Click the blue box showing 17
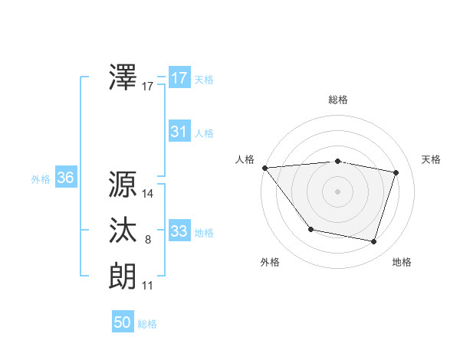[179, 78]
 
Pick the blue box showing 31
[179, 132]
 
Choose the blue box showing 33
[179, 231]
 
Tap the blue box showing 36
[65, 178]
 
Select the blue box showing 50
[123, 322]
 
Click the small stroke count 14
[148, 194]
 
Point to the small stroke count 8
[148, 240]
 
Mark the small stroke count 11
[148, 286]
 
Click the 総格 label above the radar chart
[338, 100]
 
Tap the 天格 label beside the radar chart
[432, 159]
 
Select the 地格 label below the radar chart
[402, 262]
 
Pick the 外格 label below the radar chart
[270, 262]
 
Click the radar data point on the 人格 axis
[264, 168]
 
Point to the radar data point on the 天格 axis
[396, 172]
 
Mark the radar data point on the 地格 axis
[373, 241]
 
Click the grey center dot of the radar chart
[338, 191]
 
